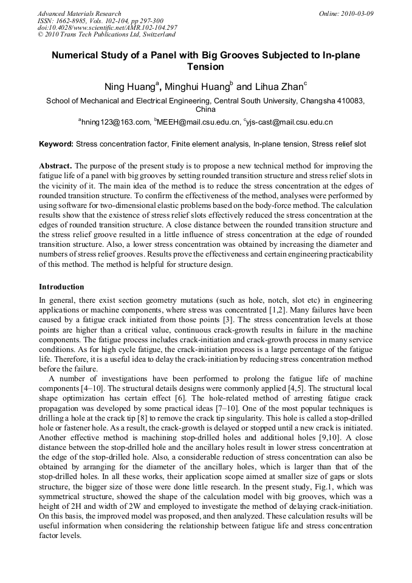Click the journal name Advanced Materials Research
79,13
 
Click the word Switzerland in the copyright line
153,35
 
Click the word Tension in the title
205,67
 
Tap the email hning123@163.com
115,123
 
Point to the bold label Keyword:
57,145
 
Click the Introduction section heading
61,286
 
